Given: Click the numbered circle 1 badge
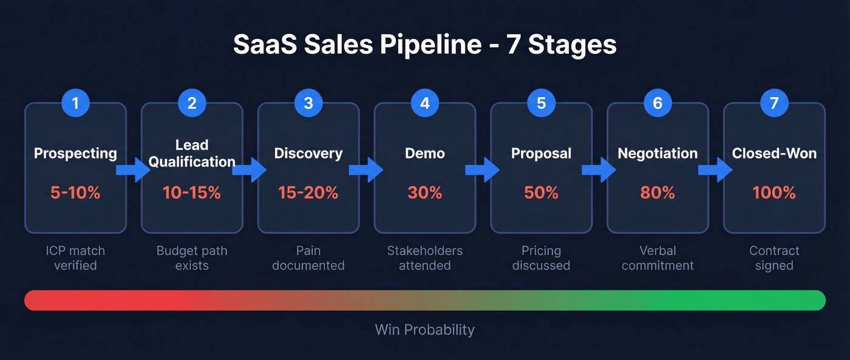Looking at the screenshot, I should [x=75, y=103].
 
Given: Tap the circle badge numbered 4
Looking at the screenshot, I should [x=424, y=103].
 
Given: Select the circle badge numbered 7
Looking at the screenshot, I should [x=773, y=103].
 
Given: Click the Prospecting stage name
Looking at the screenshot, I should [x=75, y=154].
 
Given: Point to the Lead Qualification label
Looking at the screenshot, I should [x=192, y=154].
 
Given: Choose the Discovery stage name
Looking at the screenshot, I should [x=308, y=154].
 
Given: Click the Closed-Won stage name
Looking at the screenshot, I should [x=774, y=154].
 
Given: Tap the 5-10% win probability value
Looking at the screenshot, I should [x=75, y=193].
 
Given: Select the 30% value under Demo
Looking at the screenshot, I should [x=424, y=193].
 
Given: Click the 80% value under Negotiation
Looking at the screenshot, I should [x=658, y=193].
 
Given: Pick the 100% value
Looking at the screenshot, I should [x=774, y=193].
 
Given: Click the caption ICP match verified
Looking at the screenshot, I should [x=75, y=258].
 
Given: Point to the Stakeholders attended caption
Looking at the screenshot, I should [x=424, y=258].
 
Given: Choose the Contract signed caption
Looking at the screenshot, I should [x=774, y=258].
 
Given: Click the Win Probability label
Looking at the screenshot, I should [x=424, y=330].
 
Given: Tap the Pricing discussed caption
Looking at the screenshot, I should [x=541, y=258].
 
